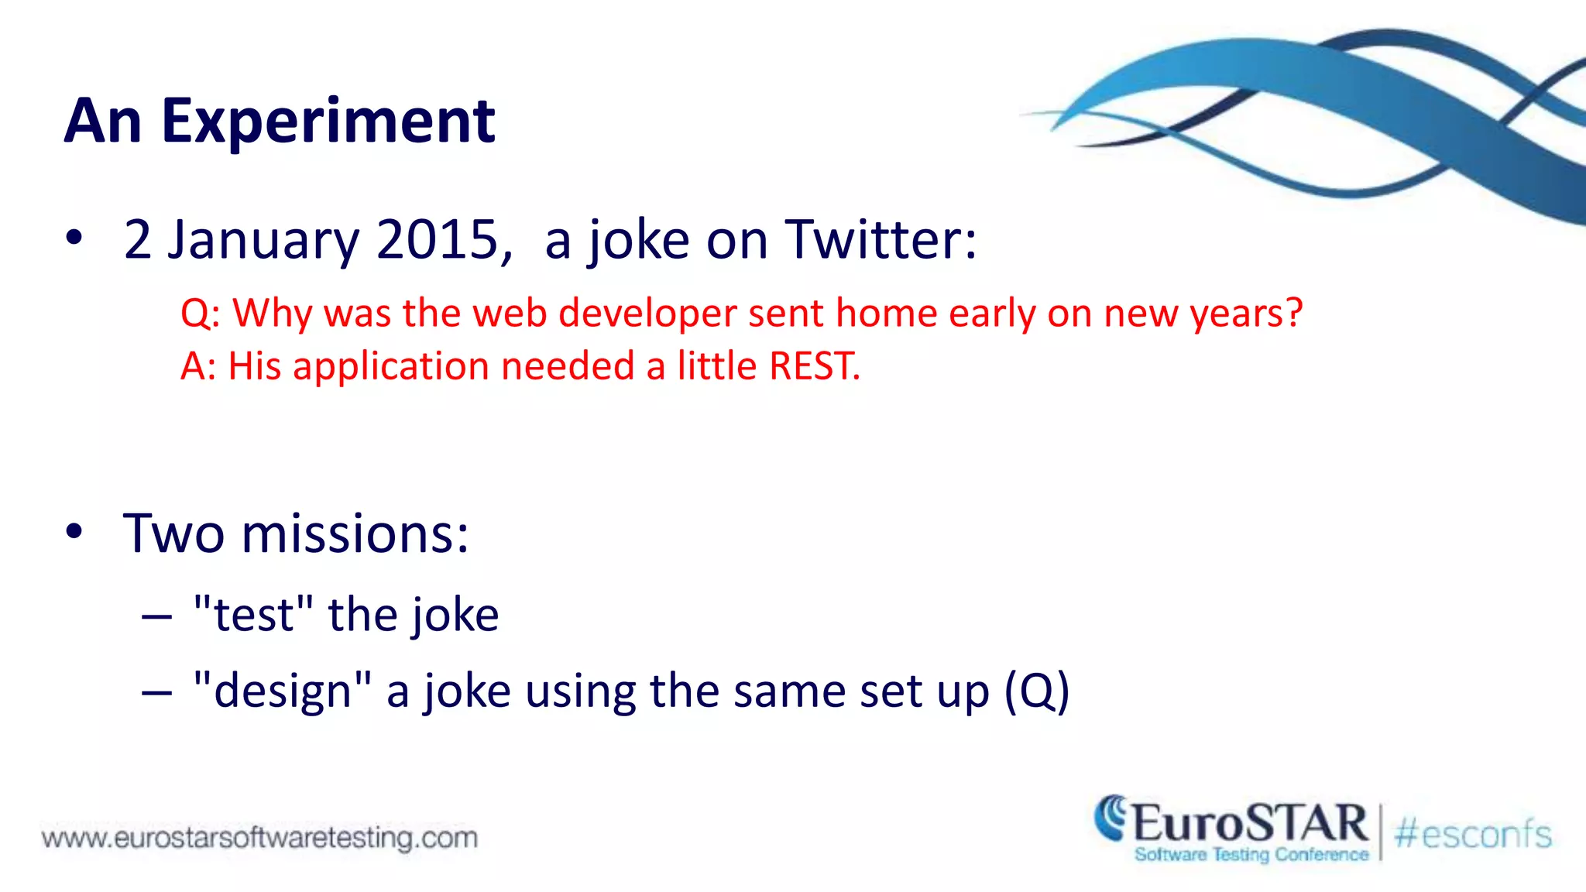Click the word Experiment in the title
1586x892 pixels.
coord(328,122)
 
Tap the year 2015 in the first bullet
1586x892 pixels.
coord(438,239)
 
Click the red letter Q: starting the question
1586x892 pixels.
coord(200,314)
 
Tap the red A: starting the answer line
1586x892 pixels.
coord(198,366)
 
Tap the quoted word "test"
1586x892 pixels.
coord(253,615)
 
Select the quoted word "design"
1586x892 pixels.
coord(282,691)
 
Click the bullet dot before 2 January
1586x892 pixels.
coord(74,238)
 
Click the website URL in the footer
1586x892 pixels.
coord(259,838)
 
